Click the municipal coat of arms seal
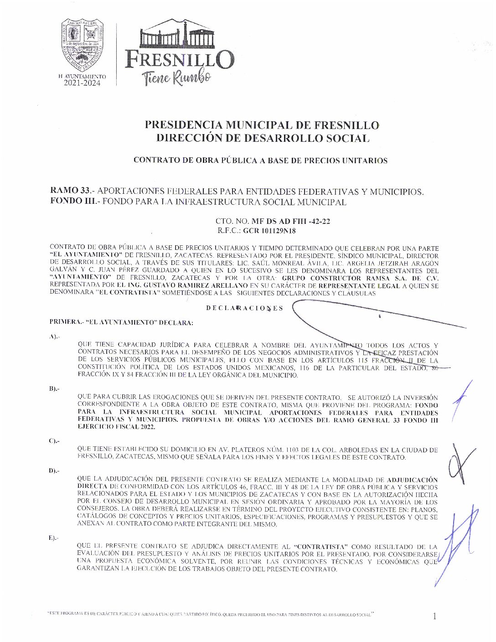pos(83,46)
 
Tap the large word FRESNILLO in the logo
pos(180,60)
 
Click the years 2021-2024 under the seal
pos(82,83)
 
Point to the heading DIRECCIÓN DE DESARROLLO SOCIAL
pos(262,138)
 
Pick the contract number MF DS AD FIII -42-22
pos(291,222)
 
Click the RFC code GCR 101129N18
pos(269,231)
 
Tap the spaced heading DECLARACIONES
pos(244,308)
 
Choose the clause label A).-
pos(54,337)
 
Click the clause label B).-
pos(54,388)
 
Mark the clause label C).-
pos(54,441)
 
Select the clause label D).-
pos(54,471)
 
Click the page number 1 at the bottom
pos(434,616)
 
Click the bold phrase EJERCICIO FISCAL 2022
pos(116,427)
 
